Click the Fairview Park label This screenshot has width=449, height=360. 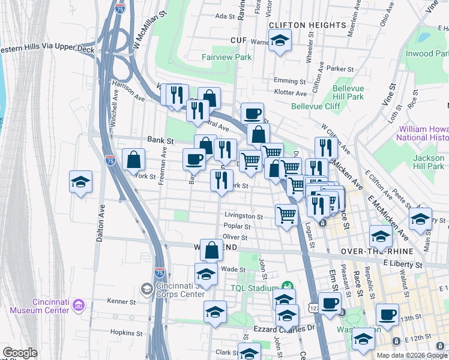tap(226, 58)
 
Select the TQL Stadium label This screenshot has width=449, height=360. tap(255, 287)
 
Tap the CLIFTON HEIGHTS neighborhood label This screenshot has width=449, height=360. tap(307, 25)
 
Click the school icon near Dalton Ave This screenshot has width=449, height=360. tap(80, 182)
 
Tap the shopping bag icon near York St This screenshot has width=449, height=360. tap(133, 160)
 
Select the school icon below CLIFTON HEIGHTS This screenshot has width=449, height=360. tap(279, 41)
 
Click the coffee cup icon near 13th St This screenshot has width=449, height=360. tap(387, 314)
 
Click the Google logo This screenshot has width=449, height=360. tap(20, 353)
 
